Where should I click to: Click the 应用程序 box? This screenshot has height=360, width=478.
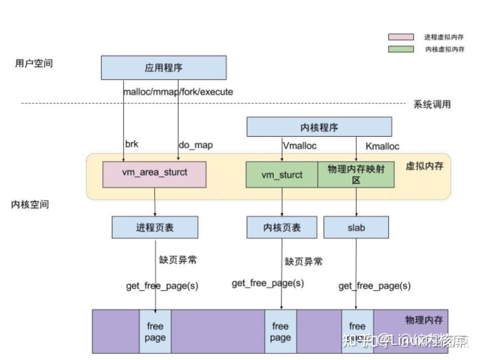click(x=163, y=68)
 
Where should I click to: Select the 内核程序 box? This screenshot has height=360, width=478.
click(x=319, y=127)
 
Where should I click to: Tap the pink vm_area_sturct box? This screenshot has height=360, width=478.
click(x=154, y=174)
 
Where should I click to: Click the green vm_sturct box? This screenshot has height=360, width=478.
click(x=282, y=175)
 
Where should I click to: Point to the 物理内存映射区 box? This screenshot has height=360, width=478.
click(x=356, y=175)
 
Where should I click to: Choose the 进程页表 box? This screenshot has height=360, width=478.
click(x=155, y=227)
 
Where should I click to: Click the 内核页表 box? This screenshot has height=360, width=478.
click(x=282, y=227)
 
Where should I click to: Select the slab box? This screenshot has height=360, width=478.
click(x=356, y=227)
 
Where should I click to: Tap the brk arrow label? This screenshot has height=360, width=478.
click(x=131, y=144)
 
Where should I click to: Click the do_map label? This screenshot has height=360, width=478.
click(x=195, y=145)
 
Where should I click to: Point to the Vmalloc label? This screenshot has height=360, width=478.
click(x=299, y=146)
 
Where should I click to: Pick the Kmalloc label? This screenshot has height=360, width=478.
click(x=382, y=146)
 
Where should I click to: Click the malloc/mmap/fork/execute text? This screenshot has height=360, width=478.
click(x=178, y=92)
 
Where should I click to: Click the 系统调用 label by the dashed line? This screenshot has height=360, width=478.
click(x=432, y=105)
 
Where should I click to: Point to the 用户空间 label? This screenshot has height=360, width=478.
click(x=34, y=64)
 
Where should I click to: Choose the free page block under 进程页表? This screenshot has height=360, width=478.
click(x=155, y=331)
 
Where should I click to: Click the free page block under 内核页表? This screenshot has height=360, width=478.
click(x=280, y=331)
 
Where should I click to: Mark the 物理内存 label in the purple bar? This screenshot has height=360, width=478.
click(x=424, y=320)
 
